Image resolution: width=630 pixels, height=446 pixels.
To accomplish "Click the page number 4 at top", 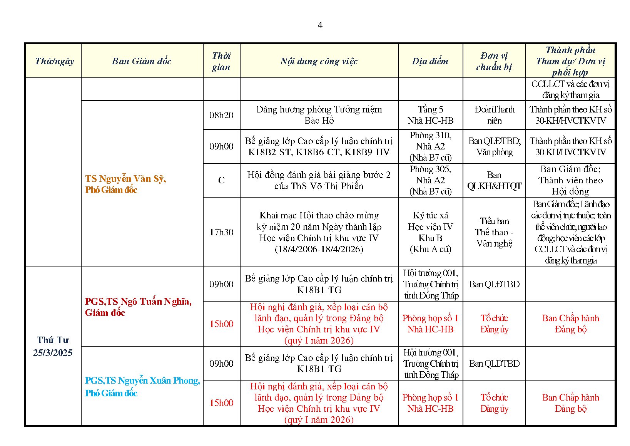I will [x=320, y=25].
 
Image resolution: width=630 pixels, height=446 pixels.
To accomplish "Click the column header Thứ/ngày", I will [x=54, y=61].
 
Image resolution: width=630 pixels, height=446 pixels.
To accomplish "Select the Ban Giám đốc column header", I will [x=142, y=61].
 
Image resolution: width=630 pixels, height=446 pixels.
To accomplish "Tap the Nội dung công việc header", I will [x=319, y=61].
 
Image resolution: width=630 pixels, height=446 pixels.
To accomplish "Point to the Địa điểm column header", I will [x=430, y=61].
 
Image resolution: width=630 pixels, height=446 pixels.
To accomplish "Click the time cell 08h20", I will [x=221, y=115].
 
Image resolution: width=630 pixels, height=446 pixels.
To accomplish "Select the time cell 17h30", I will [x=221, y=232].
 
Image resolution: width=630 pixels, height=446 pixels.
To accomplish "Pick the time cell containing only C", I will [x=221, y=180].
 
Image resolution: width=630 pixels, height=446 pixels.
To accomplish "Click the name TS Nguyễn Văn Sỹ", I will [x=125, y=179].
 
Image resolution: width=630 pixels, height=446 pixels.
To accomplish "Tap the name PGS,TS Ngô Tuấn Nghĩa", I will [x=138, y=302].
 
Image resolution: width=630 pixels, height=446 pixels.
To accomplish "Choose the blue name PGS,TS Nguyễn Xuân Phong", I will [x=142, y=381].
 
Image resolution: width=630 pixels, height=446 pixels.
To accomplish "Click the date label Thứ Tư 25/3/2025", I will [x=53, y=346].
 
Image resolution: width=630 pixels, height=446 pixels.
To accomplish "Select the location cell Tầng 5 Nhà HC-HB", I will [x=430, y=115].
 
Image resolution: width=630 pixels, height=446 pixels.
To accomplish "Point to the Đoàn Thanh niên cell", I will [x=494, y=115].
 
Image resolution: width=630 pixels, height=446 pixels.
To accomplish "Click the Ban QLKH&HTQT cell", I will [x=494, y=180].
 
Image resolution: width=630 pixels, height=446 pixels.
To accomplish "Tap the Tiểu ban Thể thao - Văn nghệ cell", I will [x=494, y=232].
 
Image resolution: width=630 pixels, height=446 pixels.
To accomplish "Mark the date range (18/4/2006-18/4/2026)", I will [x=319, y=249].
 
